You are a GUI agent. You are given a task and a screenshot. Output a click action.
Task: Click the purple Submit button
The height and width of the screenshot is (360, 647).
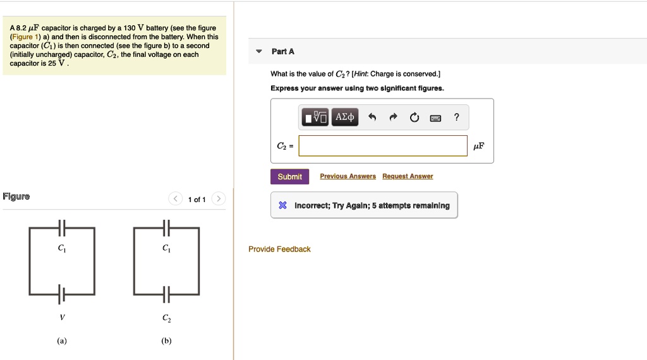pos(289,177)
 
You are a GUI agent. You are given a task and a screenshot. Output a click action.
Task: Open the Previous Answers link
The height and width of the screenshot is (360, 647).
pos(348,176)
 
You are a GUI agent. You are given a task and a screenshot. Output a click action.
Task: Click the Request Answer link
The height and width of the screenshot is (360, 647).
pos(408,176)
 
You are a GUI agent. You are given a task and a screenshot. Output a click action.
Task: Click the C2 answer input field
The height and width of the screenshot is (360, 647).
pos(383,146)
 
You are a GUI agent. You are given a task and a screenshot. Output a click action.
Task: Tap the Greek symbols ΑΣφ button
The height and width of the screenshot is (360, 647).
pos(345,117)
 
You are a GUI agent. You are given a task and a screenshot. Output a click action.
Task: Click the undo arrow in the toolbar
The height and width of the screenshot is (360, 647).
pos(372,117)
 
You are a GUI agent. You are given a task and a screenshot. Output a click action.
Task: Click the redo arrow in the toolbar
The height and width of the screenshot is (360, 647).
pos(393,117)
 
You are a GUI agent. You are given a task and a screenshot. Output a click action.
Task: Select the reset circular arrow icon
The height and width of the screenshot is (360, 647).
pos(414,117)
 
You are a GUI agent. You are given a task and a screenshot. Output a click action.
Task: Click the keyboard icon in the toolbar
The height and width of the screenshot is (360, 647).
pos(435,117)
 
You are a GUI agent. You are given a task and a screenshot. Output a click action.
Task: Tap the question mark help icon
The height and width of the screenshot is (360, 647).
pos(457,117)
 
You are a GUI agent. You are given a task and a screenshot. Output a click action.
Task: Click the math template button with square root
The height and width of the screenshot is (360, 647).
pos(315,117)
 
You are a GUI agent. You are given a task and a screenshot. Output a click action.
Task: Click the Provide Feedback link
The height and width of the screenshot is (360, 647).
pos(279,249)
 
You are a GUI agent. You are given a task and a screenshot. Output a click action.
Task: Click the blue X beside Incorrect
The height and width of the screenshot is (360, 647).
pos(283,206)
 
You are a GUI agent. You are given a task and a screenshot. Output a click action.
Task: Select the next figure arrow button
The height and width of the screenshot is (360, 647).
pos(218,200)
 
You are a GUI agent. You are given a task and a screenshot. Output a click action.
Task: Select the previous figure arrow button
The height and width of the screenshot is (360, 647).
pos(175,200)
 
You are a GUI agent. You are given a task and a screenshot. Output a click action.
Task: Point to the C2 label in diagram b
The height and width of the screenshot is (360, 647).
pos(166,318)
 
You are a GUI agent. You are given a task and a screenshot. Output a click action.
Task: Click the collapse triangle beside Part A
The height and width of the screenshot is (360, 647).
pos(257,52)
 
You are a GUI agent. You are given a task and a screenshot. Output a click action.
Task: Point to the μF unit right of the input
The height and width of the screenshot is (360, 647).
pos(479,146)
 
